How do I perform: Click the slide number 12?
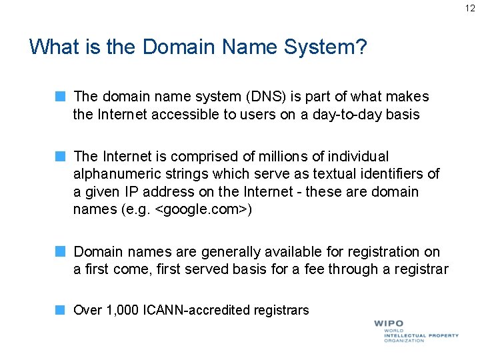click(x=471, y=8)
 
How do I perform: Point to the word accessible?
click(x=187, y=115)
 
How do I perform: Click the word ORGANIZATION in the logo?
click(x=404, y=341)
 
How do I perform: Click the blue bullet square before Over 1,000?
click(x=59, y=310)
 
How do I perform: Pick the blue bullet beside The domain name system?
click(x=59, y=97)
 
